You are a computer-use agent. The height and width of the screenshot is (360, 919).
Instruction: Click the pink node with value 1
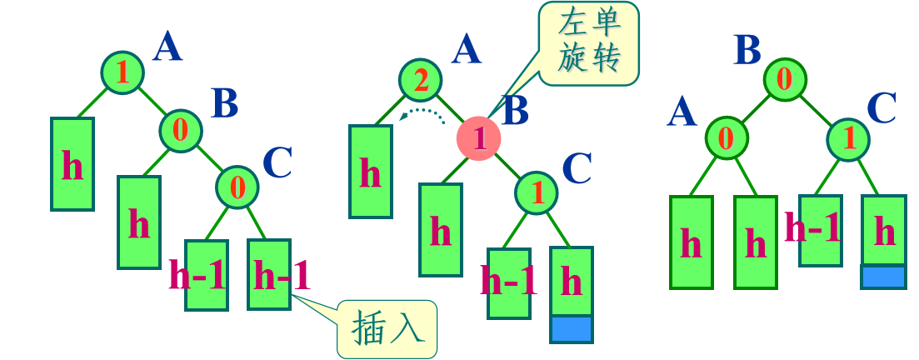coord(479,138)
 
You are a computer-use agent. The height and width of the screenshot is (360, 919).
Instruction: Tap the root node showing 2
coord(421,80)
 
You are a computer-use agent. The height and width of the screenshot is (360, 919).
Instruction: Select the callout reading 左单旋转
coord(589,43)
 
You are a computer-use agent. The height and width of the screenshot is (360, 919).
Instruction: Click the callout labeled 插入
coord(387,329)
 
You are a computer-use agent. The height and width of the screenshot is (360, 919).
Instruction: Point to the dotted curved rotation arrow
coord(422,112)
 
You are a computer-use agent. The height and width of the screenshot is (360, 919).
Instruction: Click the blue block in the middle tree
coord(572,328)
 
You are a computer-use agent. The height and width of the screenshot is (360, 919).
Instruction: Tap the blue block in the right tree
coord(883,276)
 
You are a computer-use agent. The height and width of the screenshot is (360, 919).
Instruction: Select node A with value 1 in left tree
coord(122,72)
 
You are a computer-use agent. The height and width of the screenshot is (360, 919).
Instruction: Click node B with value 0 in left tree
coord(181,131)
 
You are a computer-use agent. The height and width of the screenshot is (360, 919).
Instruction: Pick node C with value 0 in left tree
coord(237,187)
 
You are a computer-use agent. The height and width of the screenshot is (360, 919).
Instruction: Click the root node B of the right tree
coord(785,80)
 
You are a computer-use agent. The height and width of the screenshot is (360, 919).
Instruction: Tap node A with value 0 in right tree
coord(727,137)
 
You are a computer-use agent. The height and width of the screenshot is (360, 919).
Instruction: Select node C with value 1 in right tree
coord(849,137)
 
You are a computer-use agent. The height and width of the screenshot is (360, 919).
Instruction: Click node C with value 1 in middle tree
coord(537,193)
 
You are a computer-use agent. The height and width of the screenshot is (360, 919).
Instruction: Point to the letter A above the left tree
coord(167,47)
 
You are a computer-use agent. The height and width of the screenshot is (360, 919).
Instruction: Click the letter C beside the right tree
coord(882,107)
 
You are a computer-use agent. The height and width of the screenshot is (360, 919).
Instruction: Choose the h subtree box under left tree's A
coord(72,163)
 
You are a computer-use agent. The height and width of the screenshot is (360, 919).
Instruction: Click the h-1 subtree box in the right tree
coord(821,230)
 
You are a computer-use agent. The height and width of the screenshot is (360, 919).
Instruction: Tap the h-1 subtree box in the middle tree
coord(509,282)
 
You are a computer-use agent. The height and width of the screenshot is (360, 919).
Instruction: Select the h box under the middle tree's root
coord(371,171)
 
